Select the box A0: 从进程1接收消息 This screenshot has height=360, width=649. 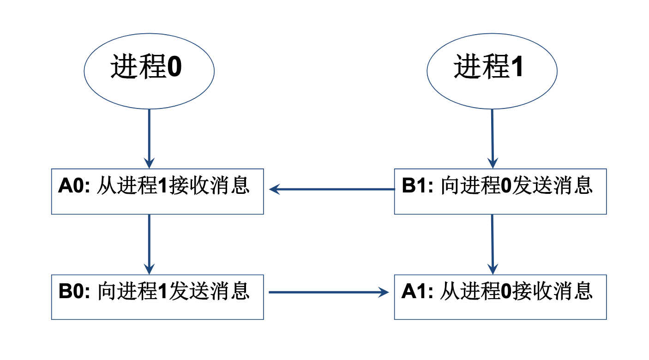[157, 191]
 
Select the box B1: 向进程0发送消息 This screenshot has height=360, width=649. [500, 191]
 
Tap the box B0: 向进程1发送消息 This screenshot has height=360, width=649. [157, 297]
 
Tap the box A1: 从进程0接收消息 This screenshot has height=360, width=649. [500, 297]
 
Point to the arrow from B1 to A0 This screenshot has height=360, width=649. [332, 189]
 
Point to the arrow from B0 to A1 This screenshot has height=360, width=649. [328, 292]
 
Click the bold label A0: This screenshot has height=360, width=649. [75, 186]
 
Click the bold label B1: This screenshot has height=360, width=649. [418, 186]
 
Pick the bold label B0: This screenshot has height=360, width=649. [75, 292]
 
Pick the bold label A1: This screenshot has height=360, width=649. [418, 292]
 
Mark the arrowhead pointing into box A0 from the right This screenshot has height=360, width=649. [274, 189]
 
